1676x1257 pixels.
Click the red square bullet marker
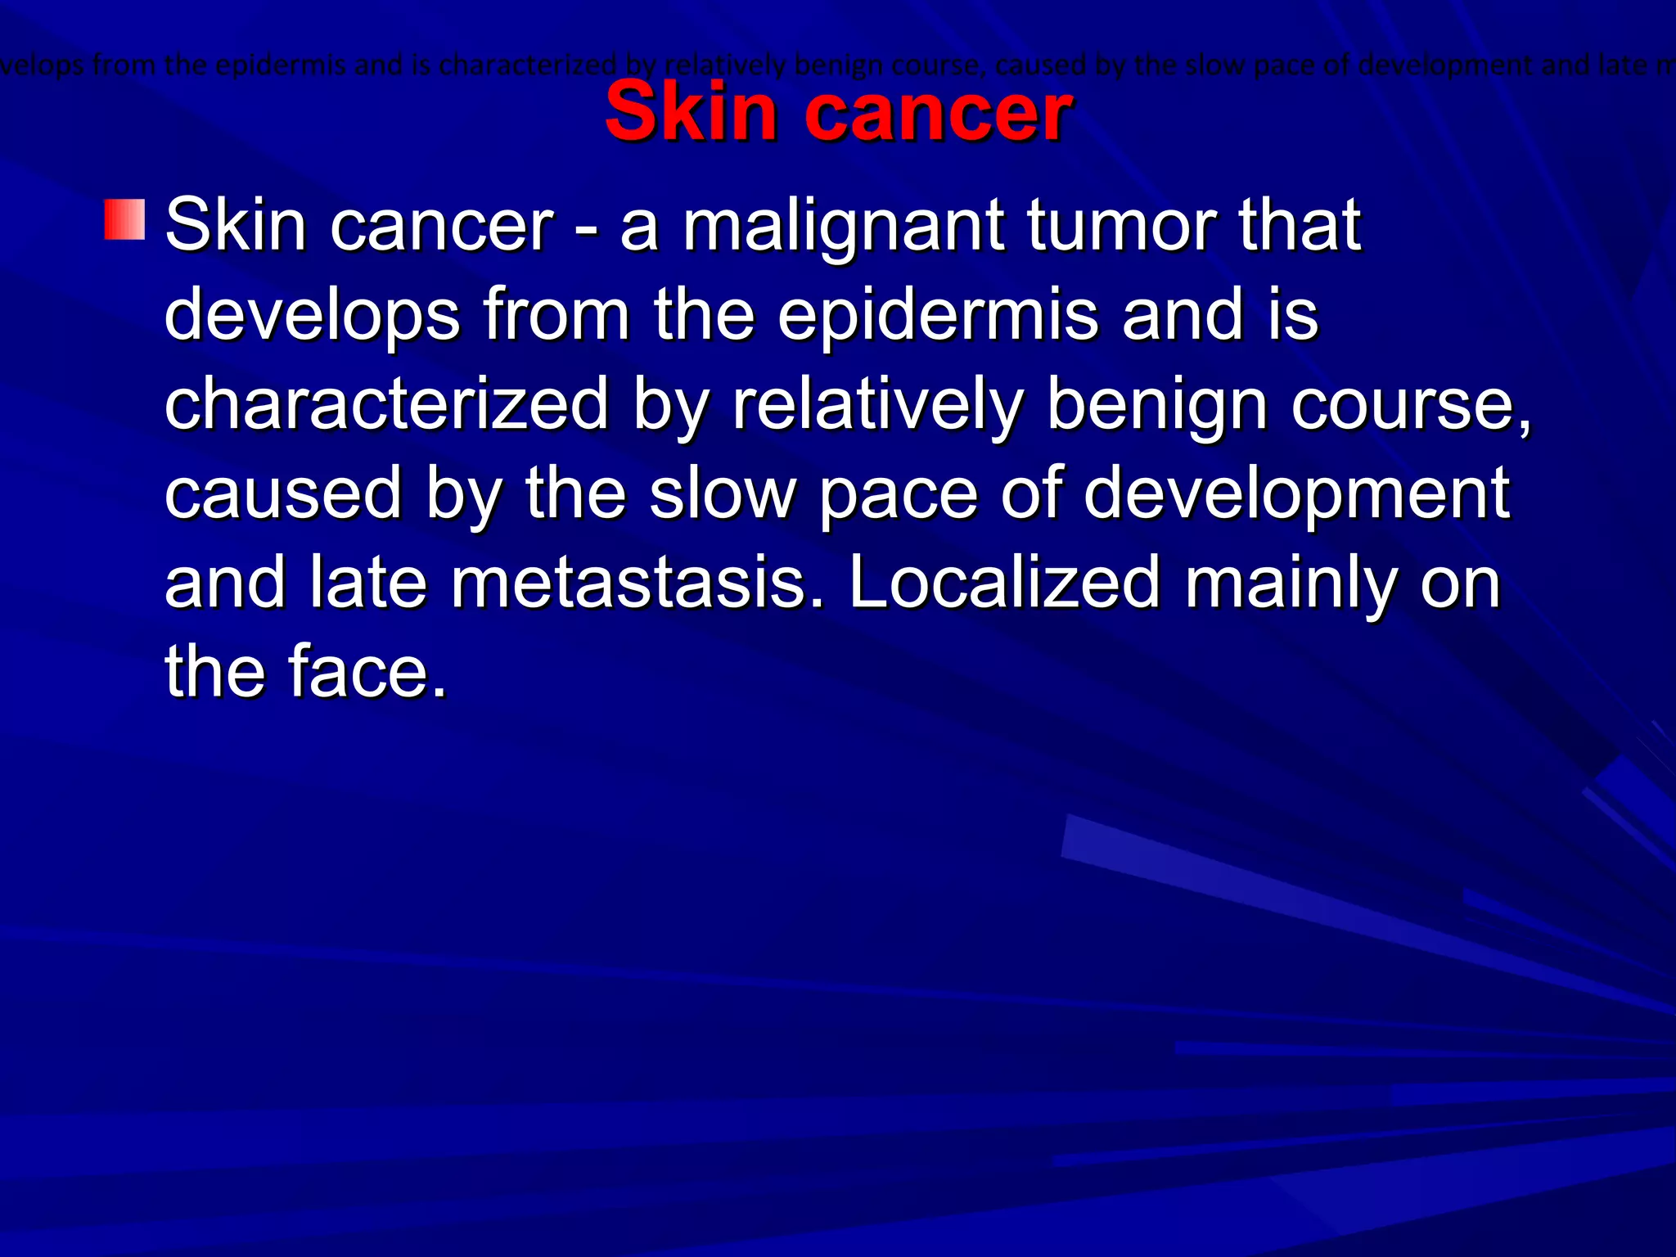pyautogui.click(x=124, y=219)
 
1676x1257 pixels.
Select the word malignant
pyautogui.click(x=844, y=227)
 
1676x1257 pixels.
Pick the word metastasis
pyautogui.click(x=628, y=583)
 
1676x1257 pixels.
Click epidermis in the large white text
pyautogui.click(x=938, y=317)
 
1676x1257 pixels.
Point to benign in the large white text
pyautogui.click(x=1156, y=406)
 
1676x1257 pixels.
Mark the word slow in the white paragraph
pyautogui.click(x=723, y=493)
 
